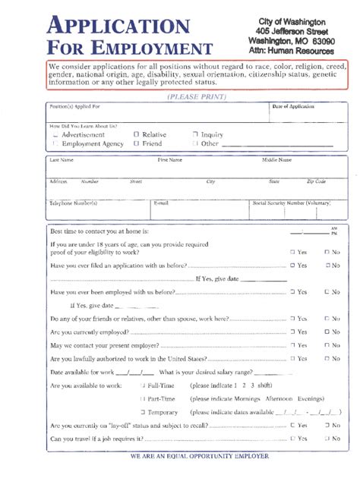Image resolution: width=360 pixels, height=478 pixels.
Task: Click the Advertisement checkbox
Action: tap(55, 134)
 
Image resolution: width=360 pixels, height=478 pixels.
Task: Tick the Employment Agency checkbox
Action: tap(55, 143)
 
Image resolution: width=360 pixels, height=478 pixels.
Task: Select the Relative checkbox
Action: tap(136, 134)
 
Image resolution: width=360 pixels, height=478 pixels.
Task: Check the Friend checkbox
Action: tap(136, 143)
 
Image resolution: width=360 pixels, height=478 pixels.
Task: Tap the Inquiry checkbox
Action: tap(195, 134)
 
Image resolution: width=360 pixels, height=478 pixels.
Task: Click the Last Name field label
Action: tap(62, 160)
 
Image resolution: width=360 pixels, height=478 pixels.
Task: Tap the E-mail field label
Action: tap(161, 203)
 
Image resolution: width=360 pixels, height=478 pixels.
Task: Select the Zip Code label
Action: tap(316, 181)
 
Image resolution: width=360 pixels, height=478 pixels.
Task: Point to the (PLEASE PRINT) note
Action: tap(195, 96)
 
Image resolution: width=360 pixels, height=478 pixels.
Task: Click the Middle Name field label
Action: tap(277, 160)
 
